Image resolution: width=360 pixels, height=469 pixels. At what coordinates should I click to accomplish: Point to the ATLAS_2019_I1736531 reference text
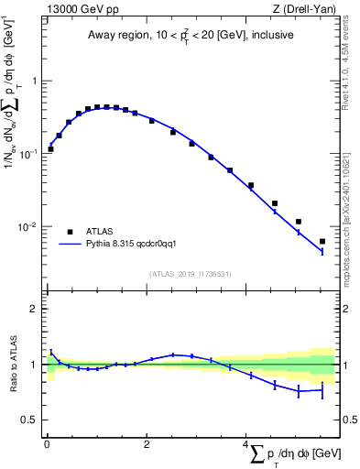189,273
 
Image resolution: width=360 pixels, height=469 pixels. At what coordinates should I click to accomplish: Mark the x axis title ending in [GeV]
293,454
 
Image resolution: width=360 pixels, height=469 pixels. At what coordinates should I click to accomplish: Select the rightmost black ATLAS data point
322,242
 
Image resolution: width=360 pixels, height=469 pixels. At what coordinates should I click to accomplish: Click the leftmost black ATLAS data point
50,148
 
